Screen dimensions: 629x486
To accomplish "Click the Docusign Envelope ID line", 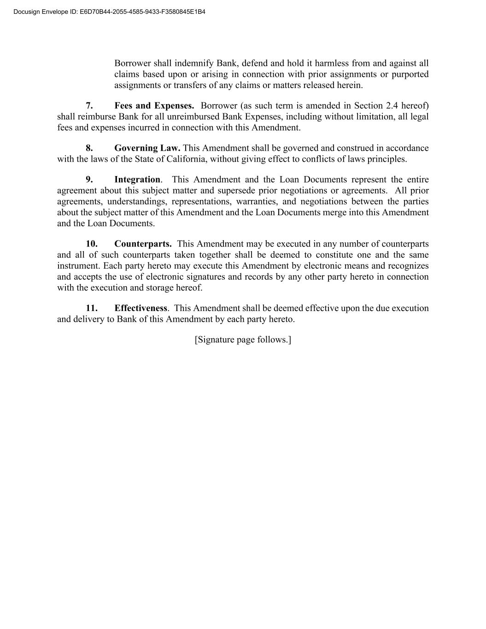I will tap(109, 12).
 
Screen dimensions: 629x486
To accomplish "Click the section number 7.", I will tap(89, 106).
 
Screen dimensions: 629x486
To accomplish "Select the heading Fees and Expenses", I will tap(154, 106).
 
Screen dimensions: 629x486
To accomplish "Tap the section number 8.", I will tap(89, 148).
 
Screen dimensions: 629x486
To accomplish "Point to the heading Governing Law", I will tap(147, 148).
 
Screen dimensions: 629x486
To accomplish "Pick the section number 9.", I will tap(89, 179).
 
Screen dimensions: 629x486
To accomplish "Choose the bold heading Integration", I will tap(137, 179).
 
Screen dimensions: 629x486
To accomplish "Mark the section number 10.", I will tap(92, 244).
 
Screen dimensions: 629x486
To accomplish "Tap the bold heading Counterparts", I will tap(143, 244).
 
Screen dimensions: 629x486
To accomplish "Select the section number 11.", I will tap(92, 308).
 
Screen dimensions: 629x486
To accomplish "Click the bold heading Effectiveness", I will tap(141, 308).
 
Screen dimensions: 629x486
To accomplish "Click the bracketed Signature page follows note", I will tap(243, 340).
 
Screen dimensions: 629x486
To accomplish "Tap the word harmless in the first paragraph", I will tap(333, 63).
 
